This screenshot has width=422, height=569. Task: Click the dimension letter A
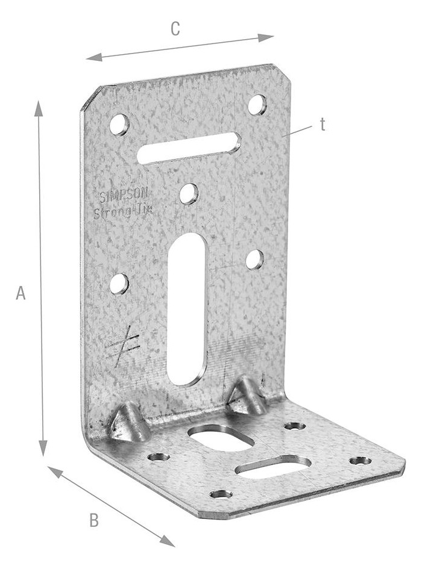[20, 293]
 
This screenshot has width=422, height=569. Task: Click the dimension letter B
[94, 520]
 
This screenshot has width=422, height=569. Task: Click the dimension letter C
[175, 29]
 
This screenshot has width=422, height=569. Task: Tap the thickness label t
[323, 125]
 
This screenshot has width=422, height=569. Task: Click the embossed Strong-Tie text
[122, 211]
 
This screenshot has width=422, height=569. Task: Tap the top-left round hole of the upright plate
[119, 125]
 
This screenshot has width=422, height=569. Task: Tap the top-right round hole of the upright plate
[257, 105]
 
